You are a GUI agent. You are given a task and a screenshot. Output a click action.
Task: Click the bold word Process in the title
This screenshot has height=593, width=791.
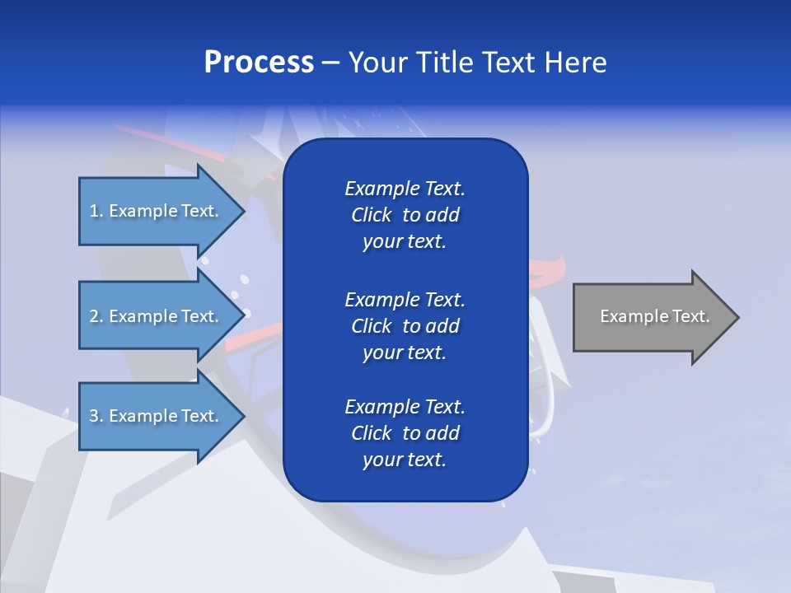coord(259,63)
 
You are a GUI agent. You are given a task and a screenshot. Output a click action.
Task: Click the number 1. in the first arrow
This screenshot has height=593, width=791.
coord(96,211)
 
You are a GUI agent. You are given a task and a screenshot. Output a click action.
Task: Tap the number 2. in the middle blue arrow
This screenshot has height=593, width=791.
coord(96,316)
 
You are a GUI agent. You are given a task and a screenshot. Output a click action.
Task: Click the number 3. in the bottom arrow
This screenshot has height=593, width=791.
coord(96,416)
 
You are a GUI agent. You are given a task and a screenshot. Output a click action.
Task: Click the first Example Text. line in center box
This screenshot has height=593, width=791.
coord(405,189)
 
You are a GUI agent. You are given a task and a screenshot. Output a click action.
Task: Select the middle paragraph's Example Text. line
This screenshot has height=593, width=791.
coord(405,299)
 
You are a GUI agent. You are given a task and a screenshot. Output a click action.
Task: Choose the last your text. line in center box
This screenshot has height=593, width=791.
coord(405,460)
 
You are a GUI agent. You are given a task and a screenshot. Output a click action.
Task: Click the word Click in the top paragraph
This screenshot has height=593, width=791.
coord(371,215)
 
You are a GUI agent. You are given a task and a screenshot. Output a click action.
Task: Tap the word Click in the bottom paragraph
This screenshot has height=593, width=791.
coord(371,433)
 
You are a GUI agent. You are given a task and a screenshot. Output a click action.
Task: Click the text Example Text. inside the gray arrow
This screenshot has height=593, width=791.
coord(655,316)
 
